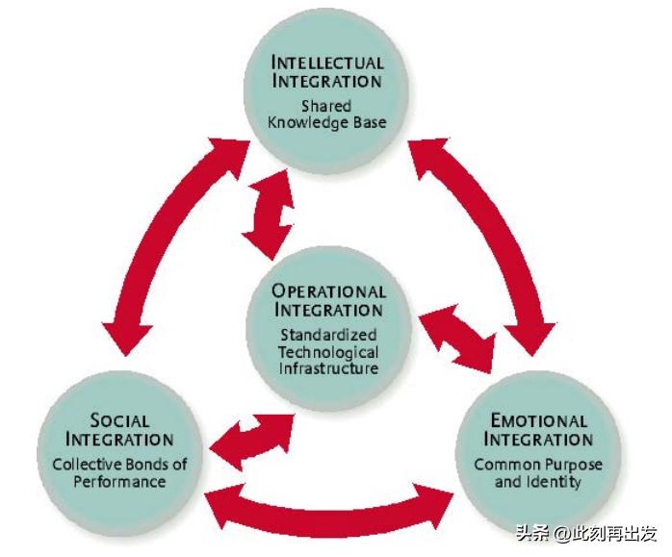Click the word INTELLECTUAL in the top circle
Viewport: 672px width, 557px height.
(x=326, y=64)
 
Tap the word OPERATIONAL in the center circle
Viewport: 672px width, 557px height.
(x=328, y=291)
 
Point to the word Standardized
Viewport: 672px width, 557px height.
(x=328, y=336)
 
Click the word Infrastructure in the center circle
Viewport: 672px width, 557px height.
(x=328, y=368)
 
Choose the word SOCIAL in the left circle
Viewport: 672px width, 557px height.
(x=119, y=419)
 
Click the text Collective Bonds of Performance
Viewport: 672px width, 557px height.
(x=119, y=472)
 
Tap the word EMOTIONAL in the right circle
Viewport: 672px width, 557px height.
(x=538, y=420)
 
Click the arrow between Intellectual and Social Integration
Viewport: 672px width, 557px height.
(x=165, y=241)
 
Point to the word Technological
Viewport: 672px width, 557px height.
(x=328, y=352)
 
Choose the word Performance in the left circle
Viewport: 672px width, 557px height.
(x=119, y=481)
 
